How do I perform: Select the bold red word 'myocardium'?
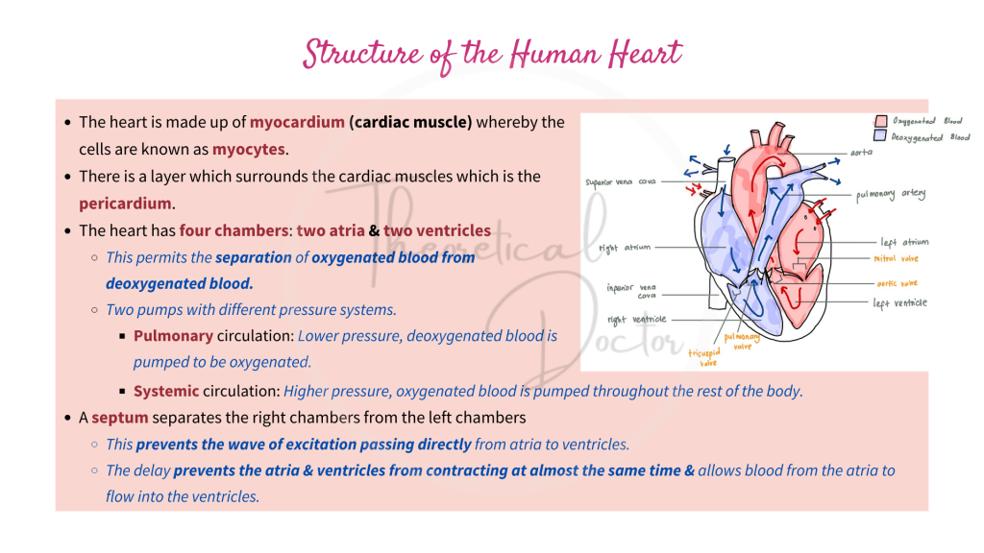point(297,123)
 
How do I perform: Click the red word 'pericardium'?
point(125,204)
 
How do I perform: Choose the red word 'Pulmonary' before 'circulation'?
point(173,336)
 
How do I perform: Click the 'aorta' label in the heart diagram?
point(861,153)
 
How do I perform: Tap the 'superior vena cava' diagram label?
point(621,180)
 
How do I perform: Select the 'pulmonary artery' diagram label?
point(891,195)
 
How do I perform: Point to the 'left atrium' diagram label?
point(904,243)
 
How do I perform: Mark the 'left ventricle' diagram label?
point(900,303)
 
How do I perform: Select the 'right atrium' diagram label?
point(625,248)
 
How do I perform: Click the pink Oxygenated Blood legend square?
point(880,122)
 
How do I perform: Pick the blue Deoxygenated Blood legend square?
point(880,136)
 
